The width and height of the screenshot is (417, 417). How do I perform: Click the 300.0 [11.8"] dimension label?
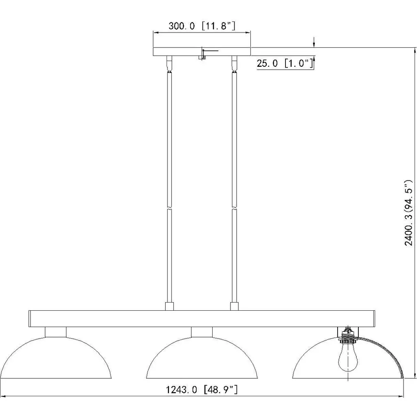tap(202, 26)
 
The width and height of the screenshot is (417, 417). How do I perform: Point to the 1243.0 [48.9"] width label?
tap(202, 390)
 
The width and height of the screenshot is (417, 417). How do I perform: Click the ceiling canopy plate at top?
tap(202, 52)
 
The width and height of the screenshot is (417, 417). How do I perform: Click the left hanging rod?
tap(169, 186)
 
